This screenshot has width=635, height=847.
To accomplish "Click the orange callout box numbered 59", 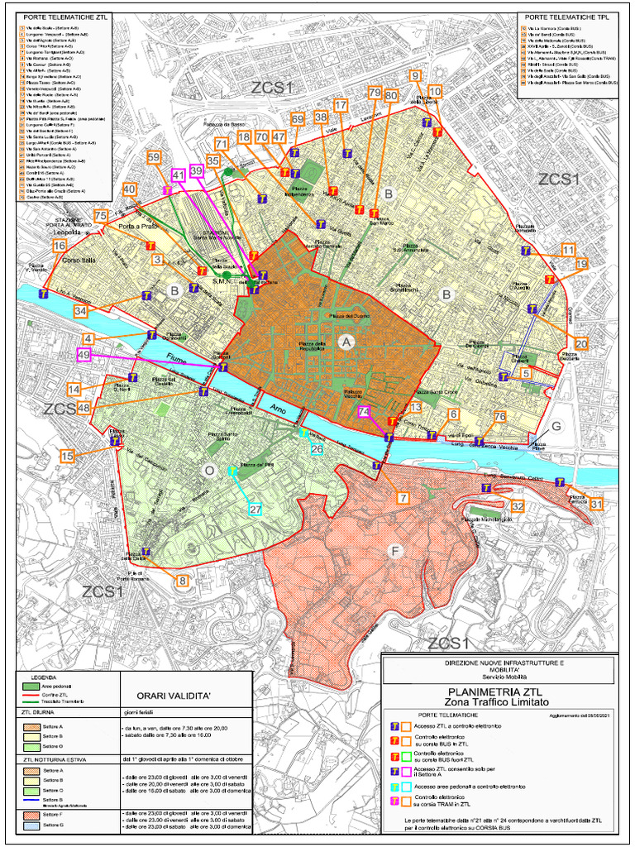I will (x=153, y=157).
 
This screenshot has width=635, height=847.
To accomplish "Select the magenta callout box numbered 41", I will (x=178, y=175).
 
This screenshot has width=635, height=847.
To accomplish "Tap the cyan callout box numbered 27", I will (x=255, y=509).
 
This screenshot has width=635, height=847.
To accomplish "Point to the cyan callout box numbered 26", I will (x=316, y=449).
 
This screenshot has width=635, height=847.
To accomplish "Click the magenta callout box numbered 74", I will (x=365, y=412).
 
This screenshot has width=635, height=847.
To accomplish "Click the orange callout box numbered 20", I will (x=581, y=343).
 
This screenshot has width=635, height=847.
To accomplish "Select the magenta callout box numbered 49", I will (x=84, y=355).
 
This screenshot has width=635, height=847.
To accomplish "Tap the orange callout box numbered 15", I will (x=68, y=456).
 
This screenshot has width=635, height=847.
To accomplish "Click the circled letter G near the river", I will (x=556, y=426).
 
